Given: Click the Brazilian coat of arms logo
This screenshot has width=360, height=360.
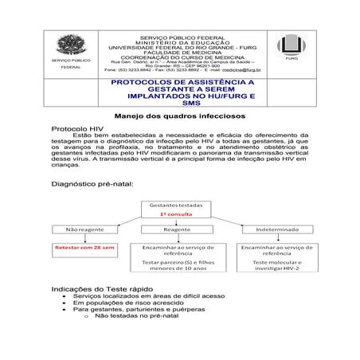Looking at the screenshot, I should click(69, 45).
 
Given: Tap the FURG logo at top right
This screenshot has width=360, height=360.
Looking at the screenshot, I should click(289, 45).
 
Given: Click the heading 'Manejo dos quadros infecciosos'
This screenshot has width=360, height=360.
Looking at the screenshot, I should click(179, 115).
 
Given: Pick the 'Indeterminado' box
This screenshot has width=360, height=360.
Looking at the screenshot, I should click(277, 228).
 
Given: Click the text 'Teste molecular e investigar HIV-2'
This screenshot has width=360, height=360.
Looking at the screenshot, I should click(276, 265).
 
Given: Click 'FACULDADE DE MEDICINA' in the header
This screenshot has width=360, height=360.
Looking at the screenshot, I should click(180, 50).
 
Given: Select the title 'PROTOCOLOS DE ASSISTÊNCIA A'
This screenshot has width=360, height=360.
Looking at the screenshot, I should click(179, 82).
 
